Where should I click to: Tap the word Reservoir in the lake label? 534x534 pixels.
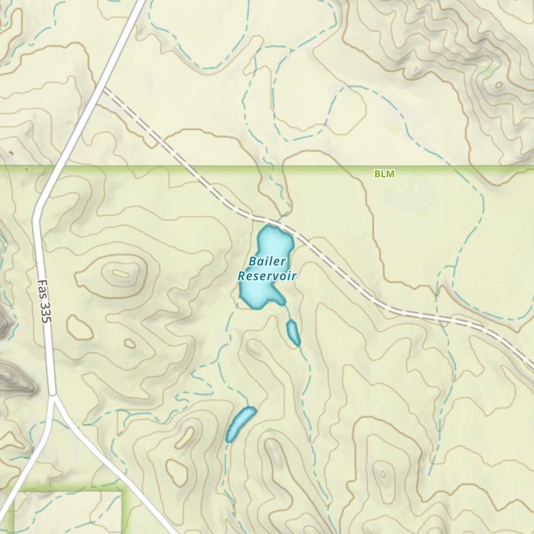(x=267, y=276)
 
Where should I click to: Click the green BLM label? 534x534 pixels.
(x=384, y=174)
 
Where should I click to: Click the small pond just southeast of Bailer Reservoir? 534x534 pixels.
(x=293, y=332)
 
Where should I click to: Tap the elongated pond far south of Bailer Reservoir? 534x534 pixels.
(x=240, y=423)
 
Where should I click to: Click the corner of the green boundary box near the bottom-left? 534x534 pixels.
(x=122, y=489)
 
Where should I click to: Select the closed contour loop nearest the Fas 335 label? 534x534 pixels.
(x=79, y=326)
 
